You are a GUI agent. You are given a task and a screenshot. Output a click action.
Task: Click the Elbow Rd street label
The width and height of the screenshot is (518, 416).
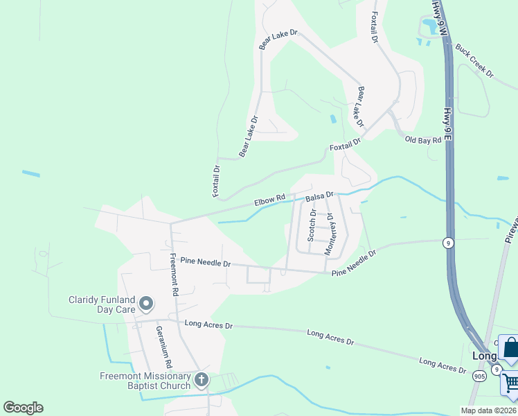click(x=270, y=201)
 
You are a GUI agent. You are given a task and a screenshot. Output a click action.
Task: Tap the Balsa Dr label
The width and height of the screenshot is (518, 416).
click(x=320, y=197)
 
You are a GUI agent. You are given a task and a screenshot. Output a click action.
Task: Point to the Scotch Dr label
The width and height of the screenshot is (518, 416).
click(x=312, y=226)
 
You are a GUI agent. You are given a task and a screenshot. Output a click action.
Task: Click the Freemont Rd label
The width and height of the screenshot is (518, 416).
click(x=173, y=274)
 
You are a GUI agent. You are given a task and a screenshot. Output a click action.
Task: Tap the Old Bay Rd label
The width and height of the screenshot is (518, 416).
click(x=422, y=140)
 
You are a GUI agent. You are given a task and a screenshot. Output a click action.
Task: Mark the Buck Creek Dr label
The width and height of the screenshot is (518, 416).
click(x=474, y=61)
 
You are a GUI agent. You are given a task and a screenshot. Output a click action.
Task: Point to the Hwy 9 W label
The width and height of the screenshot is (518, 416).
click(x=437, y=17)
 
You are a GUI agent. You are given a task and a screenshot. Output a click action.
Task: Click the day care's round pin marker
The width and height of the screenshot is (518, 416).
click(x=146, y=304)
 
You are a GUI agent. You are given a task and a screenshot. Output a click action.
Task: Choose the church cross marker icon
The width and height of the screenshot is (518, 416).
click(x=201, y=379)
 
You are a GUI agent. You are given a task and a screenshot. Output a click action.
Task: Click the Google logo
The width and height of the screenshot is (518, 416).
click(x=23, y=408)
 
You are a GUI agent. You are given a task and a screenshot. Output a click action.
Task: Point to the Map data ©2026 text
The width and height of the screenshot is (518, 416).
click(x=488, y=410)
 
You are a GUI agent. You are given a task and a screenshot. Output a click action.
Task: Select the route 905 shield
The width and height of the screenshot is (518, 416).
click(x=479, y=376)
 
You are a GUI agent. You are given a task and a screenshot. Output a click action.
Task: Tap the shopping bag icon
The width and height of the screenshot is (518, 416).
click(x=510, y=349)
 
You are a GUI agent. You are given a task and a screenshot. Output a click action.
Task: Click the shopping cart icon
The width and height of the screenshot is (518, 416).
click(x=511, y=383)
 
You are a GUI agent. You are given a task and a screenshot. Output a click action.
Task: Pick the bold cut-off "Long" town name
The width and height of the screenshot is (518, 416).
click(x=485, y=356)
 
